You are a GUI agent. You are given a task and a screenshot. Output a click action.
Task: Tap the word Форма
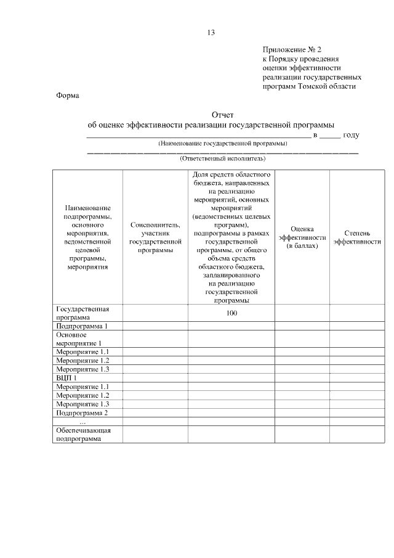(68, 96)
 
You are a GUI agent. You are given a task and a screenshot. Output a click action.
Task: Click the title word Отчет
(222, 115)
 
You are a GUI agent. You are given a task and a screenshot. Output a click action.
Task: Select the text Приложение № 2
(292, 49)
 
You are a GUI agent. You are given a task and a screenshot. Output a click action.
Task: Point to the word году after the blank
(352, 134)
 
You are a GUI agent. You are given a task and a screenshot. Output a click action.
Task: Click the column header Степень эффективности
(357, 237)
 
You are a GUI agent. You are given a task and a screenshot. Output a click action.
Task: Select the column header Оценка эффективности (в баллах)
(302, 237)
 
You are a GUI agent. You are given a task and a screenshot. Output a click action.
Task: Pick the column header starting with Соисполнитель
(155, 237)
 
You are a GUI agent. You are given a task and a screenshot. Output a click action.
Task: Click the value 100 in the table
(231, 313)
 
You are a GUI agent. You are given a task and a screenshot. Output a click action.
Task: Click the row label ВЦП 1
(66, 377)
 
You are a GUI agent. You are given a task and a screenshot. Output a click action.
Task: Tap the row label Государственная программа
(82, 313)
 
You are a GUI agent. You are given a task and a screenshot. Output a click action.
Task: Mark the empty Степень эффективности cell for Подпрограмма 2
(357, 412)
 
